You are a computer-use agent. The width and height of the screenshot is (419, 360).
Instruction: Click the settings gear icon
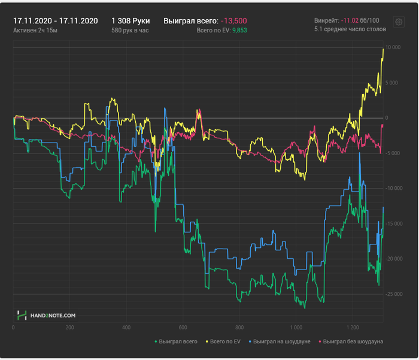(398, 22)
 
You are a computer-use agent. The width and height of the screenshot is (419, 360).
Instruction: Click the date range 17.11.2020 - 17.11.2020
(55, 20)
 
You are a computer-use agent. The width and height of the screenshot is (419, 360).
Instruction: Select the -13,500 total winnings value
(234, 20)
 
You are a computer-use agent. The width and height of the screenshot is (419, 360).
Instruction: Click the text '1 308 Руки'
(130, 20)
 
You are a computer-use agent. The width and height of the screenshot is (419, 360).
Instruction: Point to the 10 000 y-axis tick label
(393, 47)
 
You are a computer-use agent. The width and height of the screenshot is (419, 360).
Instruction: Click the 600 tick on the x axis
(183, 328)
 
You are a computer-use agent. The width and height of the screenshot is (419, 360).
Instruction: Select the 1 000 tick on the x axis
(296, 328)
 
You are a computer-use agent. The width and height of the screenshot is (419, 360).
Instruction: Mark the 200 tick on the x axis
(70, 328)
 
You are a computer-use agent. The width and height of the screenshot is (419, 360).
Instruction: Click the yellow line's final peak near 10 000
(382, 49)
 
